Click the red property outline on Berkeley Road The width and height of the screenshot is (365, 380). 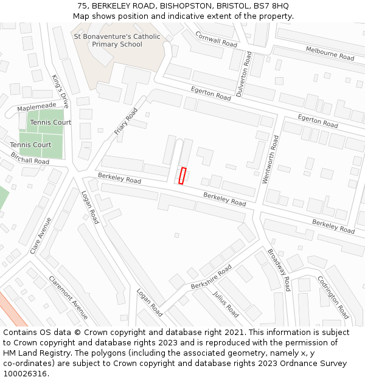point(182,175)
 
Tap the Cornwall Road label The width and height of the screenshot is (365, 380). point(216,40)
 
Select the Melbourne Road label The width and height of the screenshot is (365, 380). point(330,54)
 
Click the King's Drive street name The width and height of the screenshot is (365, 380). point(60,91)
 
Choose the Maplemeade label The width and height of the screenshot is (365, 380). point(36,107)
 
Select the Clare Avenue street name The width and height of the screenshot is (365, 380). point(41,235)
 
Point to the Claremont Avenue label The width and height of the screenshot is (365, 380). point(69,297)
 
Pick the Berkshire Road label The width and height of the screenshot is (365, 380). point(211,277)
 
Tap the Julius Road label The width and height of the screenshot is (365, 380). point(226,303)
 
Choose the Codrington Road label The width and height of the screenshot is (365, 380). point(333,297)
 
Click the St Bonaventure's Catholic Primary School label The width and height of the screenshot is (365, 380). point(117,40)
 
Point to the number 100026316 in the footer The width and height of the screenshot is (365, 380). point(24,373)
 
